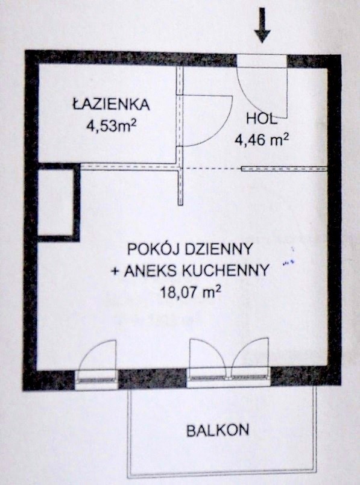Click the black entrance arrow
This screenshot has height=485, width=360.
coord(262,25)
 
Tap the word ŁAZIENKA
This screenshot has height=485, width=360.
coord(112,104)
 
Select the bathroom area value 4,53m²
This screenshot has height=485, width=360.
coord(112,125)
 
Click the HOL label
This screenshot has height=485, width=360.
coord(261,119)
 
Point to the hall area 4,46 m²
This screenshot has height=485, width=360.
coord(262,140)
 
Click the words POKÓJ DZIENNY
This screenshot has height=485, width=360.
coord(191,248)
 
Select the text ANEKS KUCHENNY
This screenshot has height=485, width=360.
coord(197,271)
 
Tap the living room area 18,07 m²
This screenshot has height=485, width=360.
coord(191,292)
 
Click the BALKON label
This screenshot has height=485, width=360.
coord(218,430)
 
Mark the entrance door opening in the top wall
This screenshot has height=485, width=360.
coord(262,61)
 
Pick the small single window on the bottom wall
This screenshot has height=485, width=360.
coord(96,380)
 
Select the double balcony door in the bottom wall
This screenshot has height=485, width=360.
coord(229,377)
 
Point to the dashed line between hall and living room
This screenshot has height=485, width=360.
coord(212,169)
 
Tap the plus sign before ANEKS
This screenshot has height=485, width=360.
coord(115,271)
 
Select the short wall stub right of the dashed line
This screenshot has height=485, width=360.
coord(284,169)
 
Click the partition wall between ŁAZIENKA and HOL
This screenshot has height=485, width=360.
coord(180,136)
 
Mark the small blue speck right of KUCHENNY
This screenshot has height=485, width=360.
coord(288,263)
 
